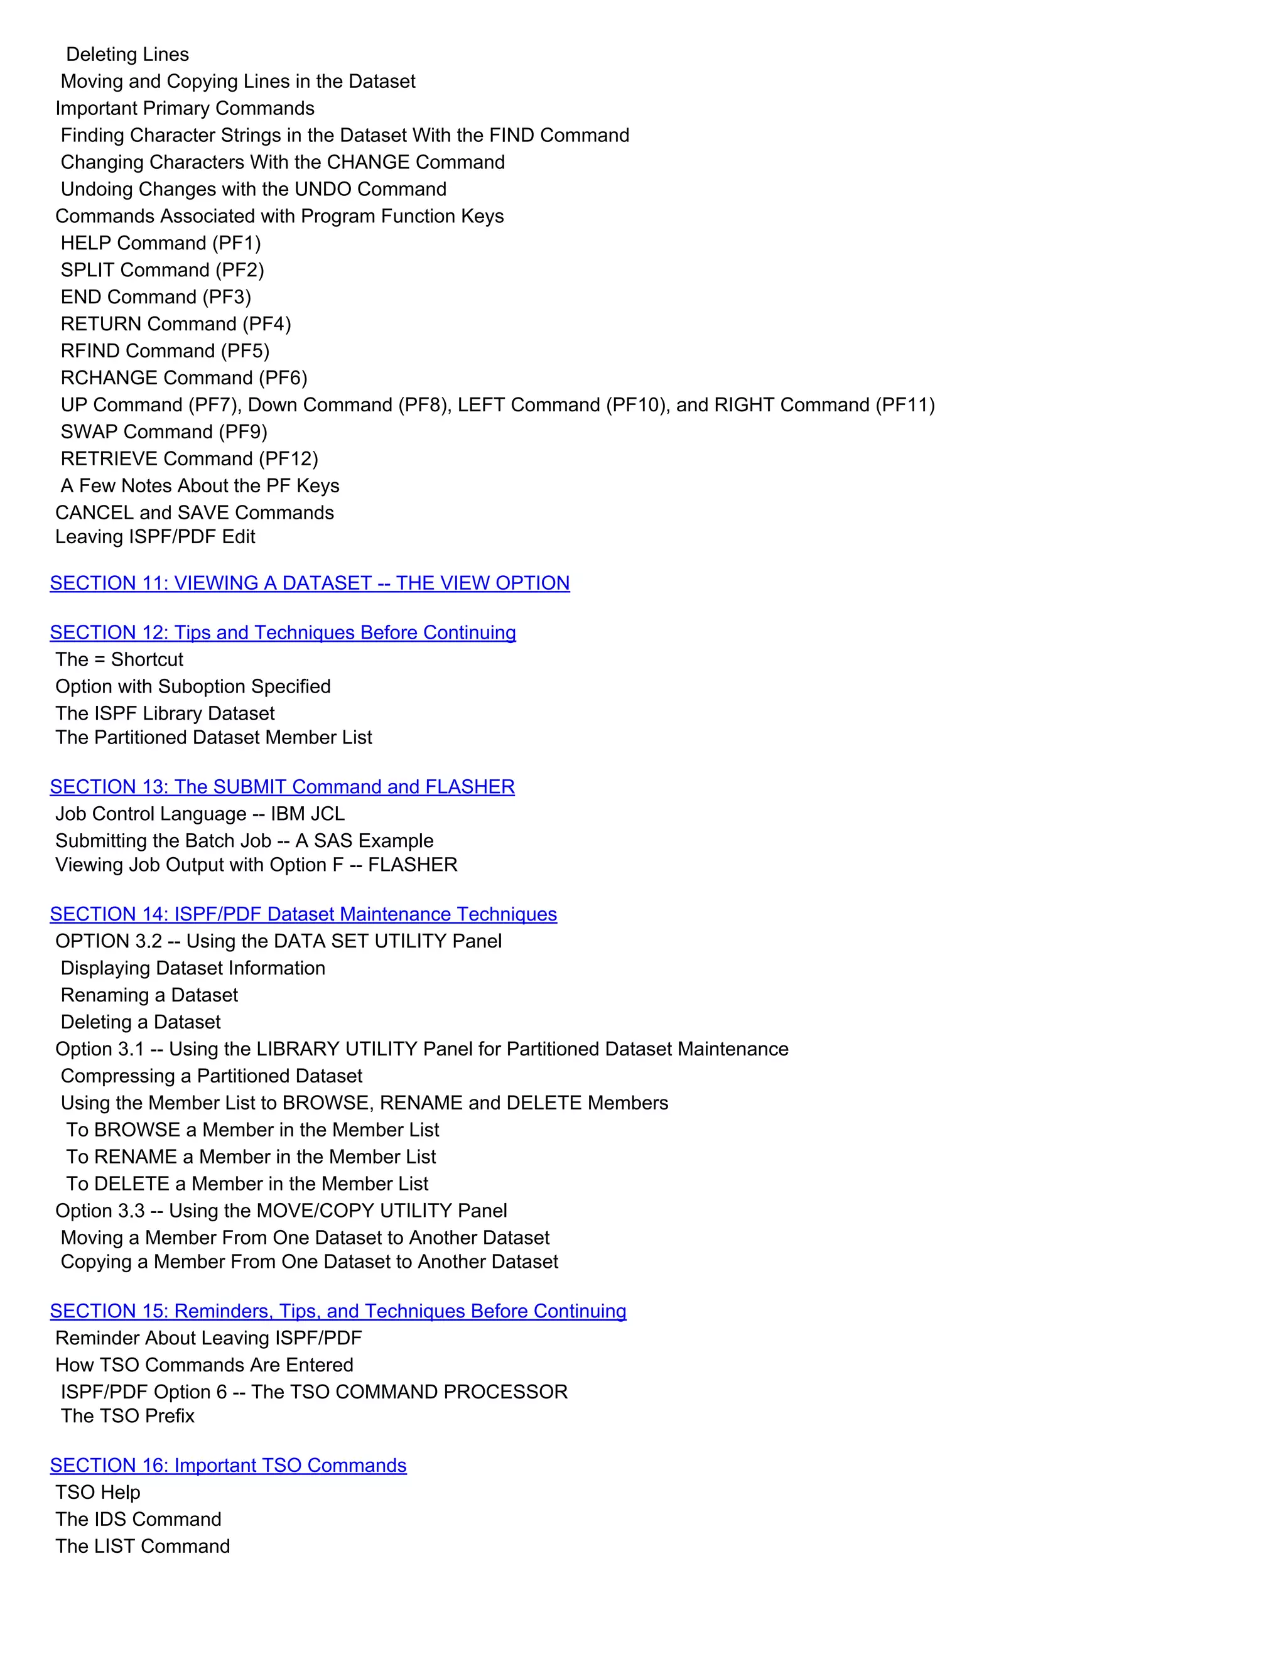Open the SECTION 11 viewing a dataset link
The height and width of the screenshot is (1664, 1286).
click(x=310, y=583)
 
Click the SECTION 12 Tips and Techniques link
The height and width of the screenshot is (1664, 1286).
click(x=283, y=632)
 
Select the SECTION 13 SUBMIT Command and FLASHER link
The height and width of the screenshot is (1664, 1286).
click(x=282, y=786)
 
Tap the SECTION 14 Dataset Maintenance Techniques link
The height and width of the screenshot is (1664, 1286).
click(x=303, y=914)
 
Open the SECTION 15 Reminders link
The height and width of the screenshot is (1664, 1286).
click(x=337, y=1310)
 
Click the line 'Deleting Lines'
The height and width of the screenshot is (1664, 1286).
click(x=127, y=54)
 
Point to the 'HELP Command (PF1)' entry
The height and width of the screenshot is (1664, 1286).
click(x=161, y=243)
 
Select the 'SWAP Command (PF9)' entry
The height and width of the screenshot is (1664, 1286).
click(x=164, y=432)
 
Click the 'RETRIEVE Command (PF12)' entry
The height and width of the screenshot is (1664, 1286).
click(x=189, y=458)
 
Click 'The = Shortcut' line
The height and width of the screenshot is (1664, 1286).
click(x=119, y=659)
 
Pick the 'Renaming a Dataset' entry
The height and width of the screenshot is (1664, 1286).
click(x=149, y=995)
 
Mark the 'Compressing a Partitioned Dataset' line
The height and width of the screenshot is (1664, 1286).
click(x=211, y=1076)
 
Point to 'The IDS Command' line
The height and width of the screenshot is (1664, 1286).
click(x=138, y=1519)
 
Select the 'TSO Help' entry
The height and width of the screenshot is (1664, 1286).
click(x=97, y=1492)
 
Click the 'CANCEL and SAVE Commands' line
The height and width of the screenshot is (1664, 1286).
click(x=194, y=513)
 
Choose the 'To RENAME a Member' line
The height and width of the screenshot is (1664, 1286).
click(x=251, y=1157)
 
